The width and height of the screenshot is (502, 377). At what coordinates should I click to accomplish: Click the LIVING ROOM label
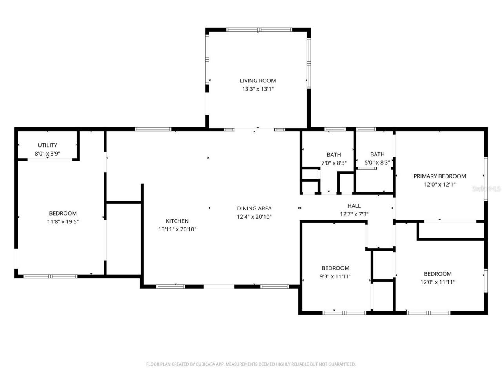click(258, 81)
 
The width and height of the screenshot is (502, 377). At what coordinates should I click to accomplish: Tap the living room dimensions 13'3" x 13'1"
click(258, 89)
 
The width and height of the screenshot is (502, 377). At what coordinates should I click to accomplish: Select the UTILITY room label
click(47, 145)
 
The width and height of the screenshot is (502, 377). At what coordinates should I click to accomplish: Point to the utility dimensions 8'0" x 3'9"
click(47, 154)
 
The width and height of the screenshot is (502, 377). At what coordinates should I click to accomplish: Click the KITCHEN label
click(177, 221)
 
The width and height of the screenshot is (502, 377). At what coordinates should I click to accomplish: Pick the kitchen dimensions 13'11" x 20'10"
click(177, 229)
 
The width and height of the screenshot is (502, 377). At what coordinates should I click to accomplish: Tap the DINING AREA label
click(254, 209)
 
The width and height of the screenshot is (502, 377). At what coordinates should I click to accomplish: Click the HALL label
click(354, 206)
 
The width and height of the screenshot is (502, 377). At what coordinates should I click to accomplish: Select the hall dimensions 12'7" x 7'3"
click(354, 214)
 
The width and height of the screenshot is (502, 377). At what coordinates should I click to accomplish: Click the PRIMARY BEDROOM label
click(440, 176)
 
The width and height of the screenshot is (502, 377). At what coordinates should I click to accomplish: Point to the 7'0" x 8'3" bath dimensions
click(334, 163)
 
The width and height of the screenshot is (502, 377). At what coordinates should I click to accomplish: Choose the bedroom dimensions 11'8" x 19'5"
click(63, 221)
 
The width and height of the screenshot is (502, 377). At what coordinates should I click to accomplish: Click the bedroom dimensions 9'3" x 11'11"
click(335, 276)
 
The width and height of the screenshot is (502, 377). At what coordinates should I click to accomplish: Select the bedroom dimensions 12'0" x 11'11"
click(438, 282)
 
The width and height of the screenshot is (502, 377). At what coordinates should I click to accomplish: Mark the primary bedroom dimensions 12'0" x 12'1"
click(440, 185)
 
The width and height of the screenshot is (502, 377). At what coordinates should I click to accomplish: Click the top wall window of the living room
click(259, 30)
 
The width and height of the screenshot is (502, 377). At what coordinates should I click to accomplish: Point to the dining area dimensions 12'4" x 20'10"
click(254, 217)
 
